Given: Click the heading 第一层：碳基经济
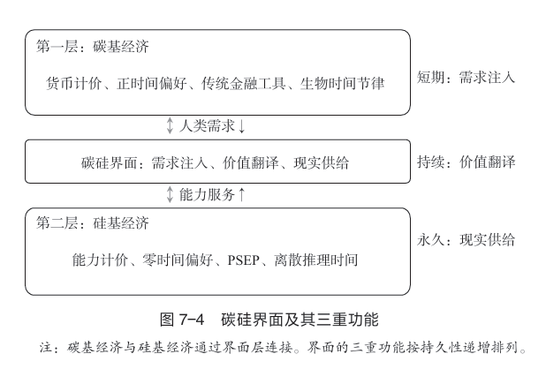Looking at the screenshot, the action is pyautogui.click(x=92, y=46).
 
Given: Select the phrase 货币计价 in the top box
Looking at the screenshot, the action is pyautogui.click(x=74, y=84).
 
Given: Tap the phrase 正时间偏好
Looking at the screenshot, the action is pyautogui.click(x=151, y=84).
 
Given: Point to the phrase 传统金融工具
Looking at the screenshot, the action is pyautogui.click(x=243, y=84).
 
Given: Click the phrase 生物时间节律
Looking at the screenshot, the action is pyautogui.click(x=342, y=84).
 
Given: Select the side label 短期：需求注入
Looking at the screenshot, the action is pyautogui.click(x=466, y=77).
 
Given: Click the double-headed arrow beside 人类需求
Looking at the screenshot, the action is pyautogui.click(x=170, y=125).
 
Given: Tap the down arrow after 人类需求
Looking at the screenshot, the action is pyautogui.click(x=242, y=126).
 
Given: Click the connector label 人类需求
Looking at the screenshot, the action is pyautogui.click(x=207, y=125).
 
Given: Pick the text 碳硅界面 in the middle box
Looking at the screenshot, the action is pyautogui.click(x=109, y=162).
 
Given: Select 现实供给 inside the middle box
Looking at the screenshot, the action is pyautogui.click(x=321, y=162).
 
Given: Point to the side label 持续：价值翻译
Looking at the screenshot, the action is pyautogui.click(x=466, y=162).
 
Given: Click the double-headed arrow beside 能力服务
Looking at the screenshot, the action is pyautogui.click(x=170, y=194).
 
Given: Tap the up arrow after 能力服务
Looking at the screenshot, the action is pyautogui.click(x=242, y=194).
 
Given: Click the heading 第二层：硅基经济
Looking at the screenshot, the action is pyautogui.click(x=92, y=223).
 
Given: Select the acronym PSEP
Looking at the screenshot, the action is pyautogui.click(x=243, y=260).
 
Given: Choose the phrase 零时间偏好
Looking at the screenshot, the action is pyautogui.click(x=178, y=260).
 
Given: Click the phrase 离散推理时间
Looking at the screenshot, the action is pyautogui.click(x=315, y=260).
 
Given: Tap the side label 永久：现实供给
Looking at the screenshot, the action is pyautogui.click(x=466, y=239).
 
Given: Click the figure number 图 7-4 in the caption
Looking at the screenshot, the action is pyautogui.click(x=182, y=320).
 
